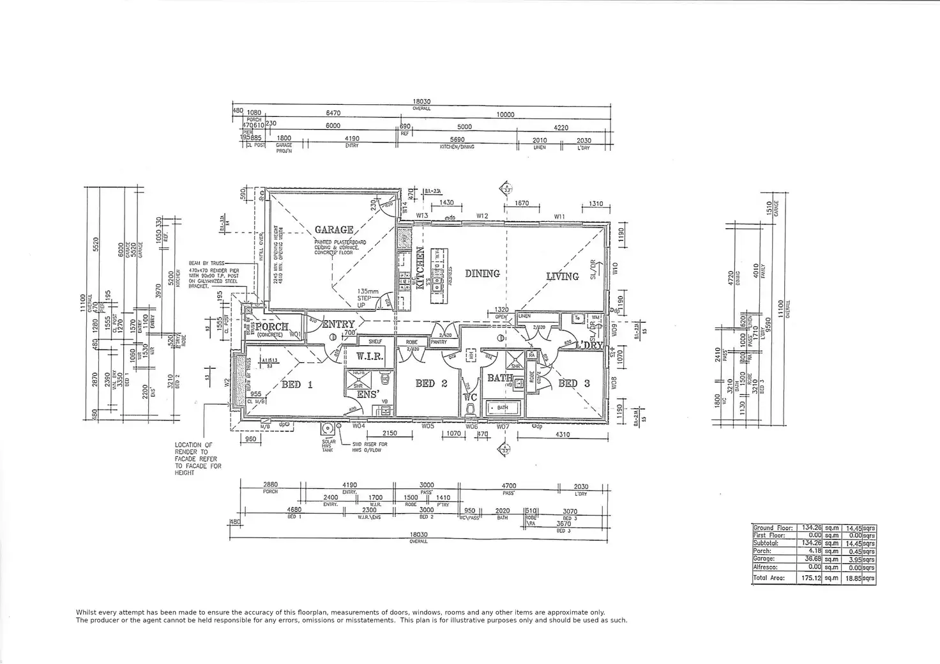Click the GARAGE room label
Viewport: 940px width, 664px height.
click(334, 229)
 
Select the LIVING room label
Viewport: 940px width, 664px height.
click(563, 276)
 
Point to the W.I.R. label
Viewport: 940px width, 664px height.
click(369, 356)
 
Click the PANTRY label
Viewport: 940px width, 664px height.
click(438, 343)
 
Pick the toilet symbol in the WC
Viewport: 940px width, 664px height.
click(471, 406)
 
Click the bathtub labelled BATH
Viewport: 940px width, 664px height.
click(503, 407)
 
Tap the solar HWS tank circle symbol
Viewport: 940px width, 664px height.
click(328, 429)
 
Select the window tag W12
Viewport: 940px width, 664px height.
click(481, 216)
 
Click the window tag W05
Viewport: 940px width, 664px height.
click(428, 426)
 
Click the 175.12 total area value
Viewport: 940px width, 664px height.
click(810, 578)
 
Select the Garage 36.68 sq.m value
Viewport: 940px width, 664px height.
click(810, 559)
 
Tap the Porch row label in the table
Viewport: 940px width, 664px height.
click(762, 551)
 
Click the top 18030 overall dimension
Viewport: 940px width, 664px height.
click(421, 102)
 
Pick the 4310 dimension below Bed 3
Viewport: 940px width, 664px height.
click(563, 435)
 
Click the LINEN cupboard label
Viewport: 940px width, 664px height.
click(525, 316)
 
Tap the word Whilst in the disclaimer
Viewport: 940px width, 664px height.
click(87, 612)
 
